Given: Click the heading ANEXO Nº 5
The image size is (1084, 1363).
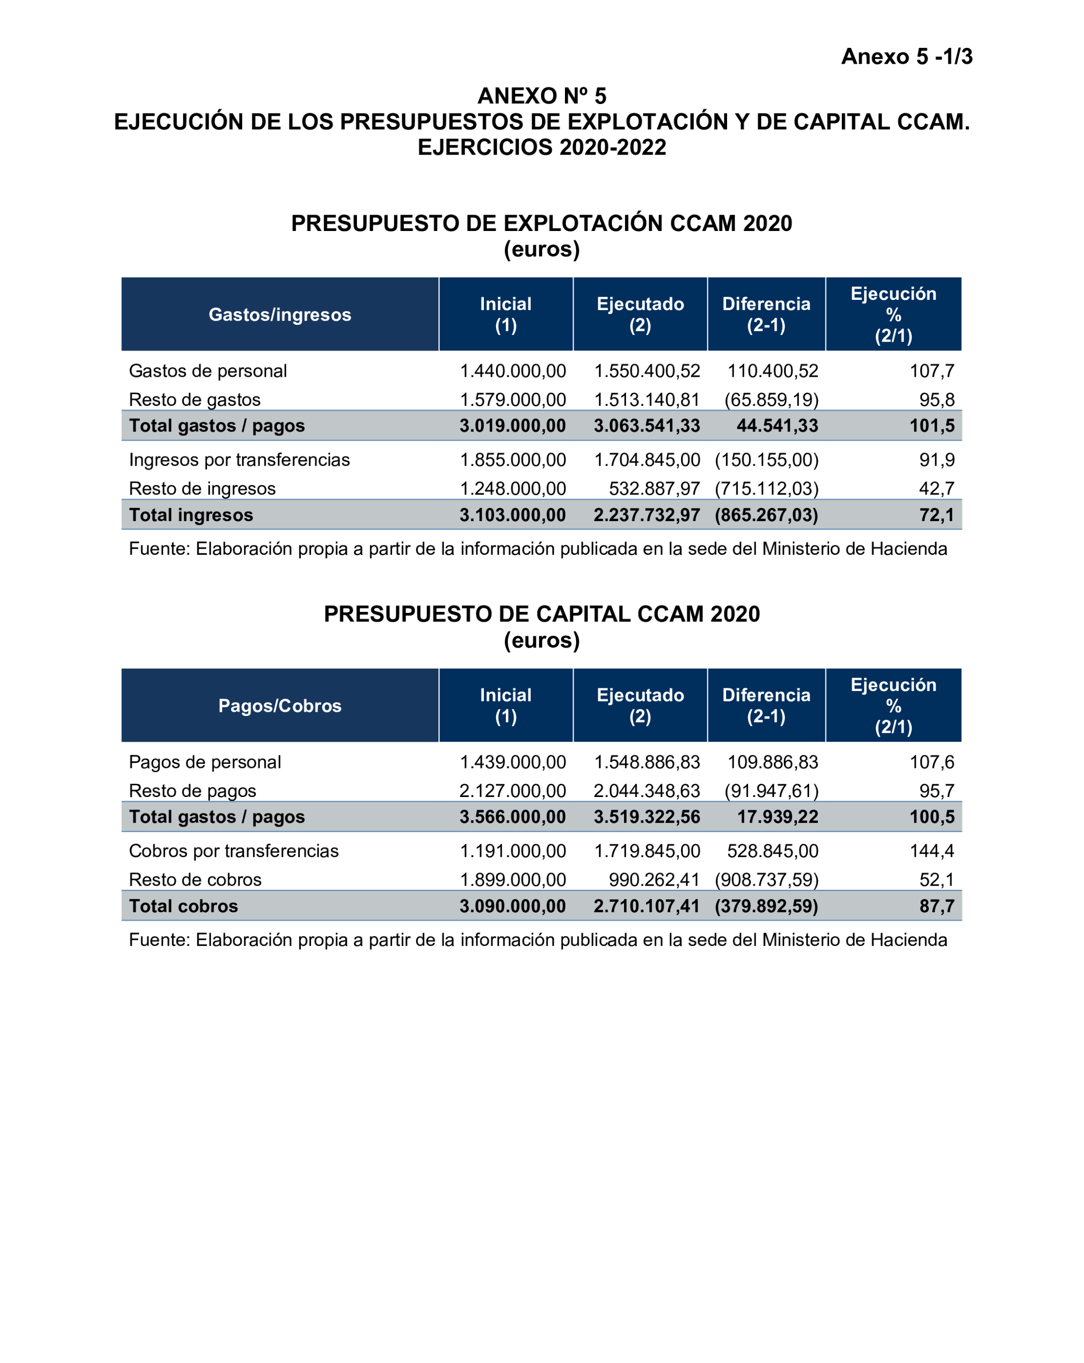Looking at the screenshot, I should [541, 96].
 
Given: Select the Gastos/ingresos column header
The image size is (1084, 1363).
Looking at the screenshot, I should [279, 314].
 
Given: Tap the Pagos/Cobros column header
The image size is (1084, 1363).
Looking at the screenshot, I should [279, 706].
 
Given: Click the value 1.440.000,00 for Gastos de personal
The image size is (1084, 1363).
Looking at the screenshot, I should [512, 371].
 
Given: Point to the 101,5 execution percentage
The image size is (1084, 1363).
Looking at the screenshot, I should [931, 425].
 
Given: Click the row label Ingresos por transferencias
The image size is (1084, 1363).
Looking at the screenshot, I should [239, 459].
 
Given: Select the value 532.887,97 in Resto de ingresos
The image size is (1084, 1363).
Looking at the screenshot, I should [654, 488].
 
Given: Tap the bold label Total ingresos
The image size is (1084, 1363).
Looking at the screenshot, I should [191, 515].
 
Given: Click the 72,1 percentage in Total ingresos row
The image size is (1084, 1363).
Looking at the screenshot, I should [936, 515].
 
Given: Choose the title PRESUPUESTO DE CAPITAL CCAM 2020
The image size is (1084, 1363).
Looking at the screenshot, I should [541, 614].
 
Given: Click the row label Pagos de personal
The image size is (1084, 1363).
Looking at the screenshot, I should [205, 762].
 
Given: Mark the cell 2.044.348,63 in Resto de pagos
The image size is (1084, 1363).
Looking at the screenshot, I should [646, 791].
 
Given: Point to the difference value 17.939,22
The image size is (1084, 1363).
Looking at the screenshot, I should [777, 817].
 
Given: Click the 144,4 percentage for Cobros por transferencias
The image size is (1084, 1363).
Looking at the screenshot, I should [931, 851].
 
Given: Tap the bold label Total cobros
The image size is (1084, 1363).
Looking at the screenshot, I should [183, 906].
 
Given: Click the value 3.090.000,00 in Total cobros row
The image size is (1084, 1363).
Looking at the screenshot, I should [512, 906].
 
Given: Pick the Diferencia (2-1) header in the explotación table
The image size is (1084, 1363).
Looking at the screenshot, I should [765, 314].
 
